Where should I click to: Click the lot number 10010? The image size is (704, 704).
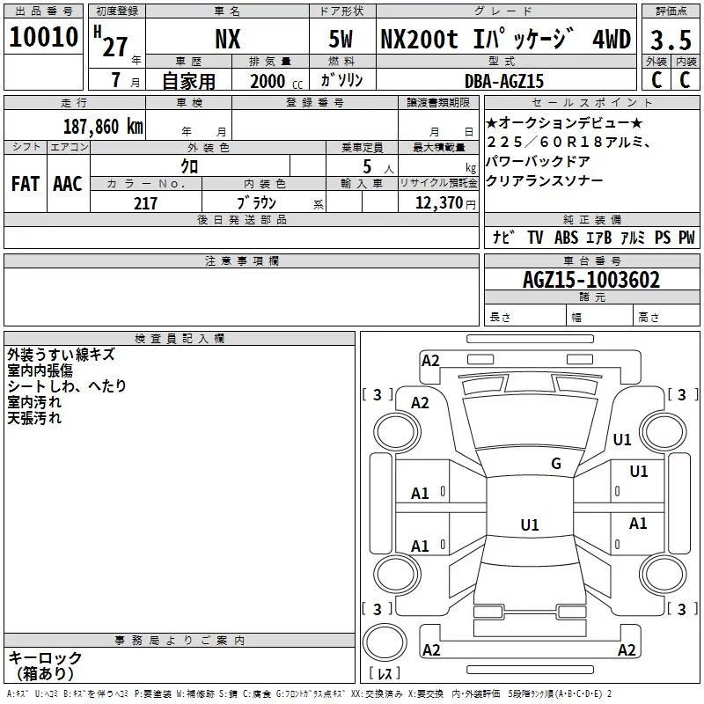coord(43,37)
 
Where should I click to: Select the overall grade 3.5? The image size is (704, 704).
coord(671,40)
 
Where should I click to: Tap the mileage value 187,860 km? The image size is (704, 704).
coord(103,126)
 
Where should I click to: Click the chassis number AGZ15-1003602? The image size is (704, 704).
coord(591,280)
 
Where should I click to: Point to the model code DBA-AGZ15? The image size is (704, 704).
coord(503,81)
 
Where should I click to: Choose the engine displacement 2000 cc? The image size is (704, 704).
coord(276,81)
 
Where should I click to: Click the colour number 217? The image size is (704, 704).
coord(145,203)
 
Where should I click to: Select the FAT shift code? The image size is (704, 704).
coord(26,184)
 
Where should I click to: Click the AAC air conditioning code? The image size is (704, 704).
coord(68,184)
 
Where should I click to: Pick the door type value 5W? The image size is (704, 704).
coord(341,39)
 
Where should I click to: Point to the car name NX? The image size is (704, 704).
coord(228,39)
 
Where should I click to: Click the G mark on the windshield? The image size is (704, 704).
coord(556,463)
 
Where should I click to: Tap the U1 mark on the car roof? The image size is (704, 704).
coord(530,524)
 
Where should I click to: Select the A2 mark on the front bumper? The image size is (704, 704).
coord(430,361)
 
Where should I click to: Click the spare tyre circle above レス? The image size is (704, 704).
coord(385,642)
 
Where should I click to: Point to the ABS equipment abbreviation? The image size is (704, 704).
coord(566,237)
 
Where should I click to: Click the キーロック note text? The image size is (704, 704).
coord(45,657)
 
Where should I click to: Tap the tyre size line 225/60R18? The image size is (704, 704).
coord(568,142)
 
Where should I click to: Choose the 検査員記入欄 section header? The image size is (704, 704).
coord(180,339)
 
